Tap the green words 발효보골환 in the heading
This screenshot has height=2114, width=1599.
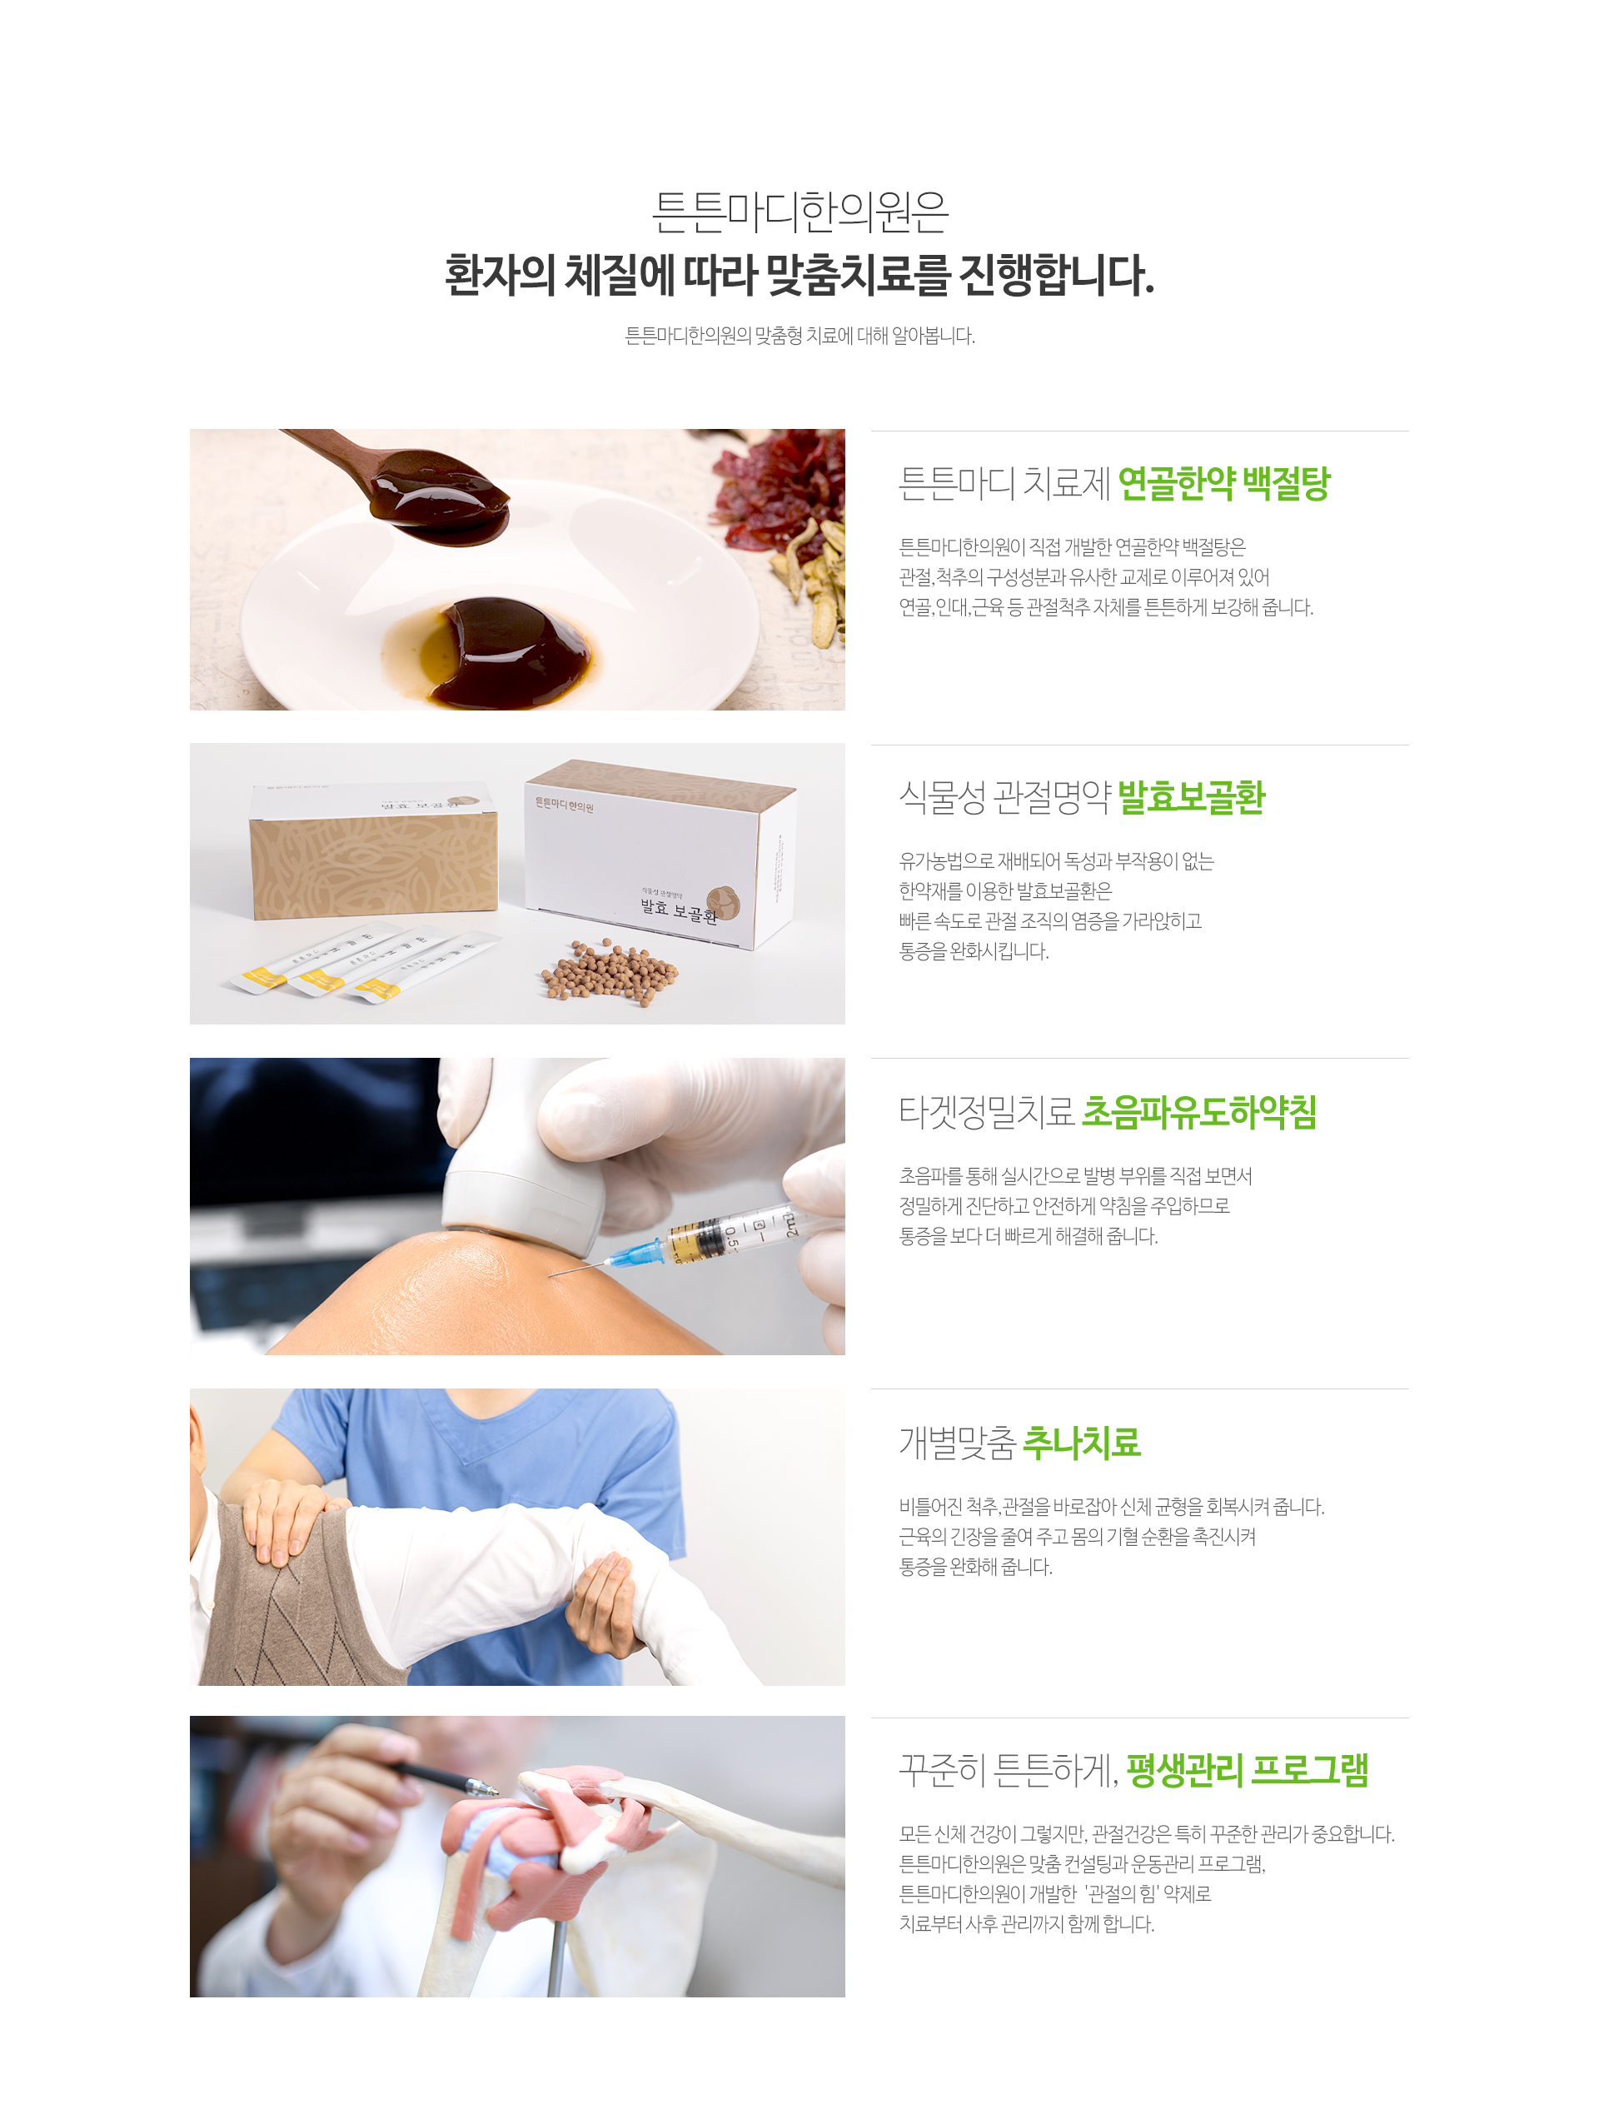(x=1191, y=797)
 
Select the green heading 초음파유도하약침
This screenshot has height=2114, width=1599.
(x=1198, y=1111)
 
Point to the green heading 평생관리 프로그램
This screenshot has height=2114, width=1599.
(x=1247, y=1770)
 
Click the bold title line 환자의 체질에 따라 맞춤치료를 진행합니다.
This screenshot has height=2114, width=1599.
(x=799, y=275)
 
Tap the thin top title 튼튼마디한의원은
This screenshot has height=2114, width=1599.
(x=799, y=212)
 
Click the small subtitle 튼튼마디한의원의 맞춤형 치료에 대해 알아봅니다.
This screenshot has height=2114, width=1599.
(x=799, y=336)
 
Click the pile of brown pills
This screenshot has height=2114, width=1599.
(x=610, y=973)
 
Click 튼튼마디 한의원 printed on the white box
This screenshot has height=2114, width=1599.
(x=564, y=805)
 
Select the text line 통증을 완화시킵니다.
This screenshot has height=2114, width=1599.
(x=973, y=951)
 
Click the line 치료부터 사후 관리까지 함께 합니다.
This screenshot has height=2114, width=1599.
(x=1027, y=1924)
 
